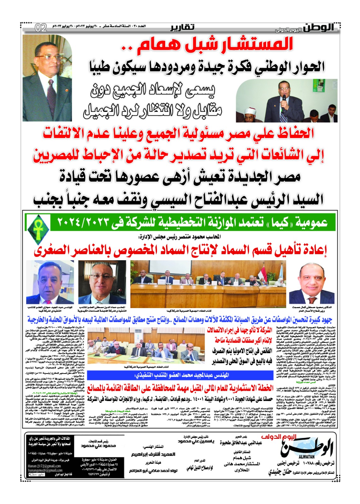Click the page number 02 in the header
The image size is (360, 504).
(x=41, y=28)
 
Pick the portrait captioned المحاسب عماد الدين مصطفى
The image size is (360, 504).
(x=102, y=283)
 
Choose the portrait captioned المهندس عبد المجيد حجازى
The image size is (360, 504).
(x=50, y=283)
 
